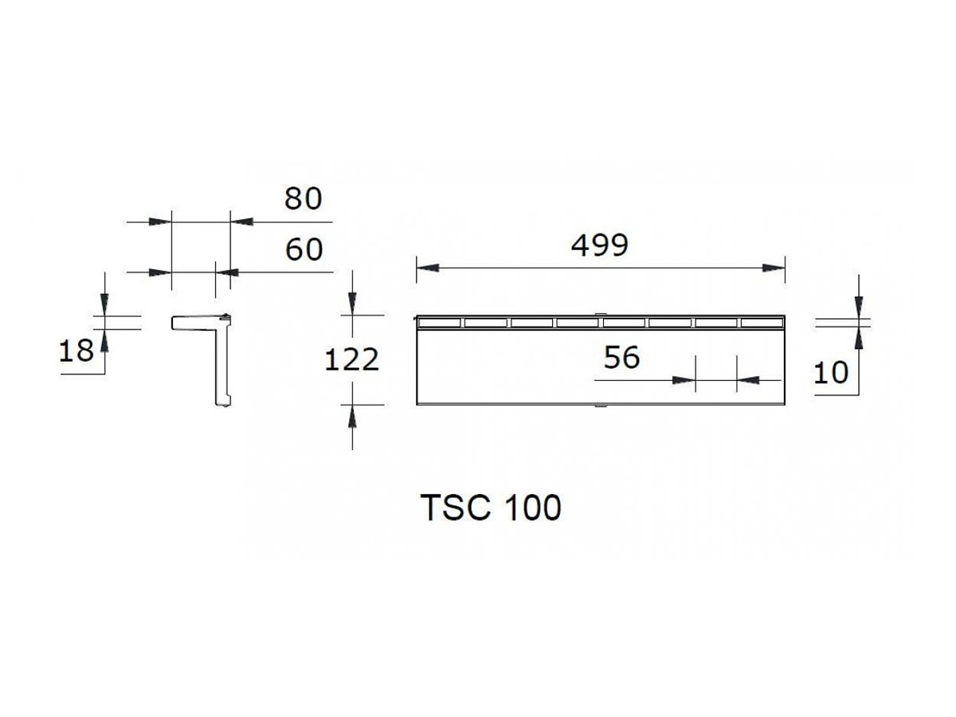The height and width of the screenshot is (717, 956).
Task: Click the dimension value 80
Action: pos(304,199)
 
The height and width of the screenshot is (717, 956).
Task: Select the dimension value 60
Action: pos(304,250)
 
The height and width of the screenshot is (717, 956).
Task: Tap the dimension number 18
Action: pos(76,351)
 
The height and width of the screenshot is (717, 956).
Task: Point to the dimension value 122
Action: pos(352,360)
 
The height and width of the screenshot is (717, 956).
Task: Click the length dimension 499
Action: pos(600,245)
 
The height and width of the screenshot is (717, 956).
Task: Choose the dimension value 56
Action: pos(621,358)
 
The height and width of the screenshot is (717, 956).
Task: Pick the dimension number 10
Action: pos(831,373)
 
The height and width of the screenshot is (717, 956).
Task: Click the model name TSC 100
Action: pos(491,508)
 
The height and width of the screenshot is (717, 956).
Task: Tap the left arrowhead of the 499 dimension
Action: pos(427,268)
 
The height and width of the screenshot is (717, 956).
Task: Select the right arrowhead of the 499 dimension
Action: pos(774,268)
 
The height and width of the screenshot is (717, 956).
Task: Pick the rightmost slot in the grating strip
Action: pos(762,323)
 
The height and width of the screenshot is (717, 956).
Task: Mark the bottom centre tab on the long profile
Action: pos(600,406)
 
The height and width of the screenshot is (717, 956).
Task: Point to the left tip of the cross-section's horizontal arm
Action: pos(172,323)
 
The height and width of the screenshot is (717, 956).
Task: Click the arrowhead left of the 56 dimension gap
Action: pos(684,381)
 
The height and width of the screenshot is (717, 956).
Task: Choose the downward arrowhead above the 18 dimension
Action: pos(104,305)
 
